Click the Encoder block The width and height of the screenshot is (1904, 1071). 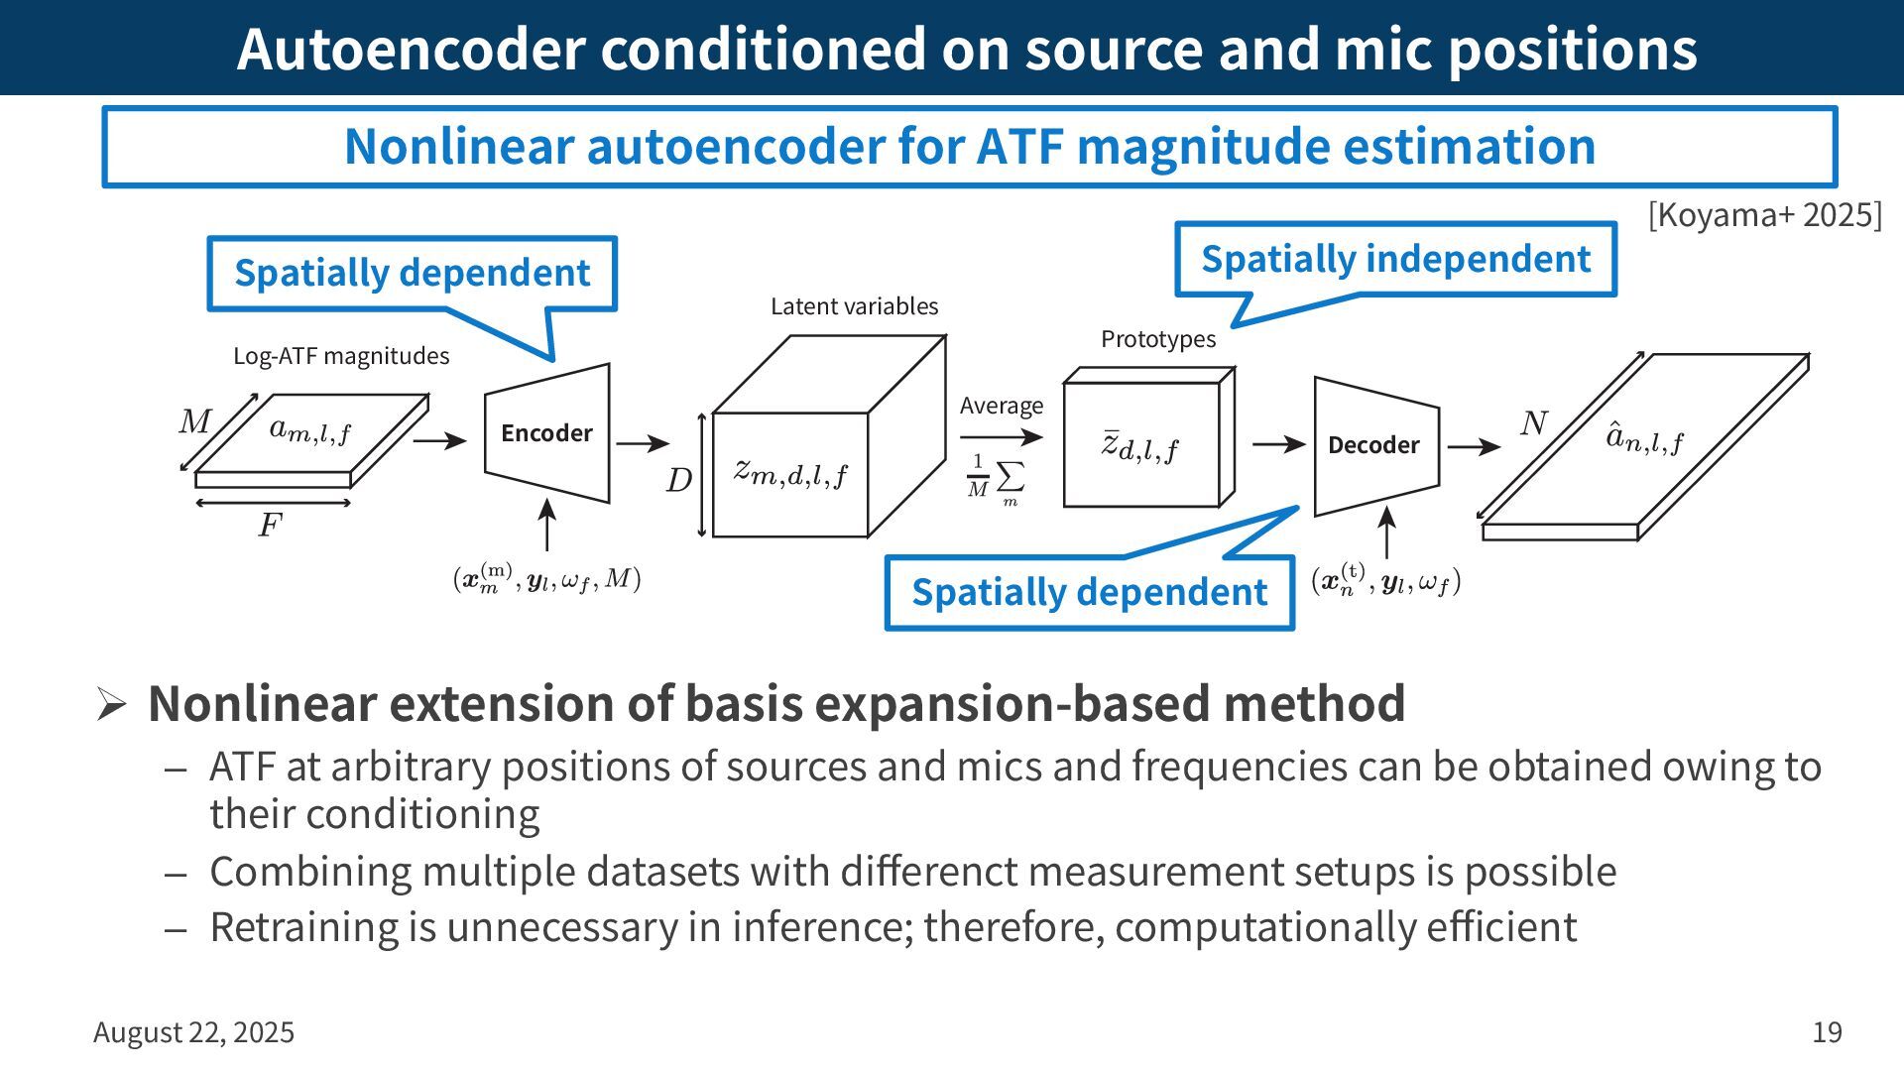click(x=546, y=433)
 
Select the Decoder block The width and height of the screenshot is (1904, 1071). click(x=1373, y=445)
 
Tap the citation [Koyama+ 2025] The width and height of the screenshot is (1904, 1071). click(x=1764, y=215)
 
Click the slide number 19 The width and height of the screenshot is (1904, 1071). click(x=1827, y=1032)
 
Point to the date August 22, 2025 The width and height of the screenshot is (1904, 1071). click(x=194, y=1032)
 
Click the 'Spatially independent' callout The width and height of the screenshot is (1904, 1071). click(x=1395, y=259)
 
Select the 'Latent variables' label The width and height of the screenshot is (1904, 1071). click(x=854, y=306)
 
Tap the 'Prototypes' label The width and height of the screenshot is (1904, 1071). click(x=1158, y=339)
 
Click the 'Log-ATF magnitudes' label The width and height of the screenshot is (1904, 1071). click(x=341, y=356)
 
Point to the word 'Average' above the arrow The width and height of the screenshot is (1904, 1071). click(x=1002, y=406)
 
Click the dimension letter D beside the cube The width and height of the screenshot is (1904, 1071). click(x=678, y=481)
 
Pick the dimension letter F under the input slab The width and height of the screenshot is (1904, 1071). click(x=270, y=525)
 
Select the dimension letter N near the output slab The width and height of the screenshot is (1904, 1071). click(x=1533, y=423)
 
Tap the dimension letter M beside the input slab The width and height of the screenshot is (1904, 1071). click(x=194, y=421)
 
